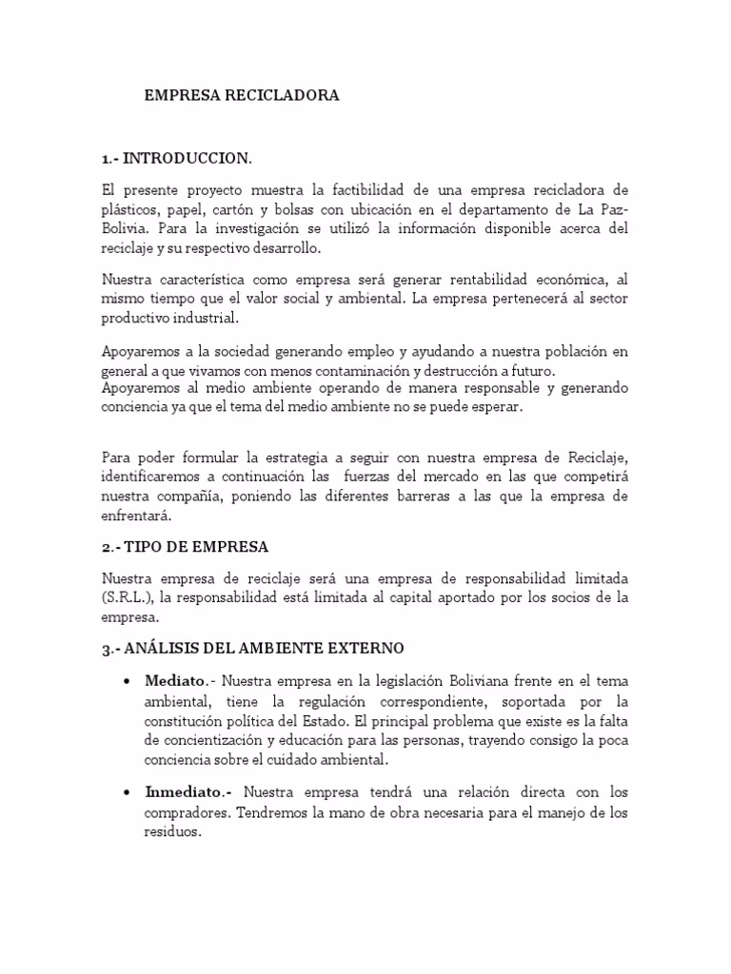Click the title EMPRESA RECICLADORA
pos(241,96)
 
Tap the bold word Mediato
pos(175,681)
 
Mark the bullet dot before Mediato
pos(128,682)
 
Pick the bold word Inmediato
pos(186,791)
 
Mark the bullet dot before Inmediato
pos(128,792)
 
